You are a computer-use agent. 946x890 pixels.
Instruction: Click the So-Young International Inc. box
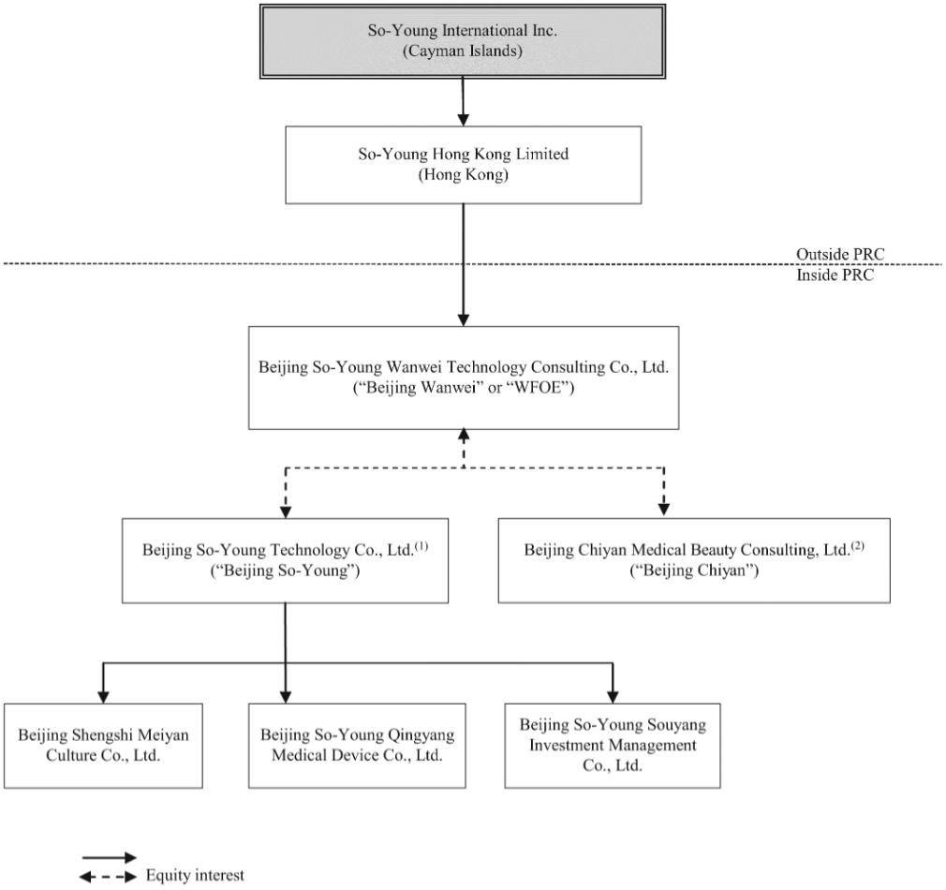click(x=463, y=41)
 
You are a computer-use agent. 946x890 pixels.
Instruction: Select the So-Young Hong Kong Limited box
click(x=464, y=165)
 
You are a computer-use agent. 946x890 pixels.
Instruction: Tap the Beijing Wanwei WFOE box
click(x=464, y=378)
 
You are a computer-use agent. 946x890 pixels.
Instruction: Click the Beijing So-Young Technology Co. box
click(x=286, y=560)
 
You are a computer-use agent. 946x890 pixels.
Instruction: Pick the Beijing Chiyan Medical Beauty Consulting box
click(x=694, y=560)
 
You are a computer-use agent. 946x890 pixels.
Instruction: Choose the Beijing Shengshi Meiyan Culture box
click(x=103, y=746)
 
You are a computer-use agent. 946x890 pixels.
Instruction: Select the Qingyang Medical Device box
click(x=357, y=746)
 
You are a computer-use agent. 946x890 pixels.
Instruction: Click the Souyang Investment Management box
click(x=613, y=746)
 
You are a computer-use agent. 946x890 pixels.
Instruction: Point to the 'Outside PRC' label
click(x=840, y=254)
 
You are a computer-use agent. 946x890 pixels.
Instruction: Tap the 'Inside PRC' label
click(x=835, y=275)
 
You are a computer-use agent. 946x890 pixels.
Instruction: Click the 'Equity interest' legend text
click(x=195, y=875)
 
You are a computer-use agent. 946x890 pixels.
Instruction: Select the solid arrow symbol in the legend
click(x=110, y=857)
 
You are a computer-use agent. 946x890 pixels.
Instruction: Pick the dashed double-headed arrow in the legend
click(x=109, y=877)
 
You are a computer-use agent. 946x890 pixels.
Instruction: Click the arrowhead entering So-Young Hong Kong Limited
click(x=463, y=120)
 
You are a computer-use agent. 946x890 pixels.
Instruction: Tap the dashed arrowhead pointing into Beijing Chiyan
click(x=664, y=509)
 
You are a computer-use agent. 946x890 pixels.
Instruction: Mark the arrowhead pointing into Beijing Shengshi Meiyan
click(x=103, y=696)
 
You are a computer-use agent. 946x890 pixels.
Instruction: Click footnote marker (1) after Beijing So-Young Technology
click(x=421, y=545)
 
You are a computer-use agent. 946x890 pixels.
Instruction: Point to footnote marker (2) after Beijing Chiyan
click(x=857, y=545)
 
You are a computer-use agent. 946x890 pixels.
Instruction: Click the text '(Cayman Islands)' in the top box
click(x=463, y=51)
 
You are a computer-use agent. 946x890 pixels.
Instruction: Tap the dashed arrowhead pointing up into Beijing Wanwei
click(x=464, y=436)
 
